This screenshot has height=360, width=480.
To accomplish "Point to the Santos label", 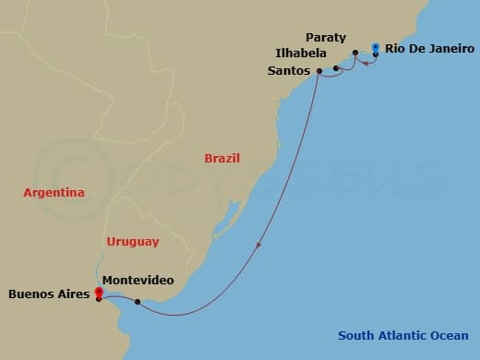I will [x=289, y=70].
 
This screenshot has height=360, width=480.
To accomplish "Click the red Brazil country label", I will [x=223, y=158].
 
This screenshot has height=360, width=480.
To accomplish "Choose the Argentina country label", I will [x=54, y=193].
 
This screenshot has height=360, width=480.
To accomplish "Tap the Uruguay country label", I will [x=133, y=242].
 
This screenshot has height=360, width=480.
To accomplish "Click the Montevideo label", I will [x=138, y=280].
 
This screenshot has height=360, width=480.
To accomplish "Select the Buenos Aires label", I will [x=50, y=295].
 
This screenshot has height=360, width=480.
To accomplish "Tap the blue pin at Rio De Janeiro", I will [x=376, y=47].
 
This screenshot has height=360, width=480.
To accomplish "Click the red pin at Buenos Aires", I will [x=99, y=293].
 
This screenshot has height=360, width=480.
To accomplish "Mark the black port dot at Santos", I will [x=319, y=71].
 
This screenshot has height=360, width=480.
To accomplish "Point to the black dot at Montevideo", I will [x=138, y=302].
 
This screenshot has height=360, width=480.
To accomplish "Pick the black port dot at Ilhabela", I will [x=336, y=68].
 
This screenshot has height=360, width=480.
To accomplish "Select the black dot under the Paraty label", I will [x=354, y=53].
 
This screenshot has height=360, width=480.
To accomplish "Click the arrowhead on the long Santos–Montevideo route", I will [x=259, y=246].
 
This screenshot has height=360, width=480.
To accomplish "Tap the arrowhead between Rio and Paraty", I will [x=366, y=63].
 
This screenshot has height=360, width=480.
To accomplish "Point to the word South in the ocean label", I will [x=355, y=336].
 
